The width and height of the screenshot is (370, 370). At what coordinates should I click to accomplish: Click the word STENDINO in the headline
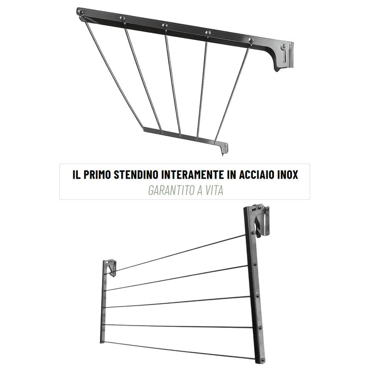[136, 174]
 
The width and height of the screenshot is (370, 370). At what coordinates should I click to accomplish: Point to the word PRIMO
[97, 174]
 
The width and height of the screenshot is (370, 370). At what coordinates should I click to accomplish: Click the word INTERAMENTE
[192, 174]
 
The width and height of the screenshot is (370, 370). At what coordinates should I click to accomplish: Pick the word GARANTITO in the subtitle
[171, 190]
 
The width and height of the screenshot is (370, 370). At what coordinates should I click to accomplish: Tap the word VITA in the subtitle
[214, 190]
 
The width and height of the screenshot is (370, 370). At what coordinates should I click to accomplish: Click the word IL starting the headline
[77, 174]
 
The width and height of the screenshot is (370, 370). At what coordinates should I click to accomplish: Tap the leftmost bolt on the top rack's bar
[80, 12]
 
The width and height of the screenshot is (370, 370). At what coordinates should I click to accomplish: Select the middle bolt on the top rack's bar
[165, 25]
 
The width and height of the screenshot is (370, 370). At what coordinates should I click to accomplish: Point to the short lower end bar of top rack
[186, 138]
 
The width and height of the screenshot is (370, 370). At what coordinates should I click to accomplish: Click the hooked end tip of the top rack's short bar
[223, 155]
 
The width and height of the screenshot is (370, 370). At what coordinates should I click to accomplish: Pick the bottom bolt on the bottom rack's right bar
[262, 360]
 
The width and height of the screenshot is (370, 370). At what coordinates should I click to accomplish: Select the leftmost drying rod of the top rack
[114, 75]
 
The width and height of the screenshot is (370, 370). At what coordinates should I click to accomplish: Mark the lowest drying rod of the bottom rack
[180, 350]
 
